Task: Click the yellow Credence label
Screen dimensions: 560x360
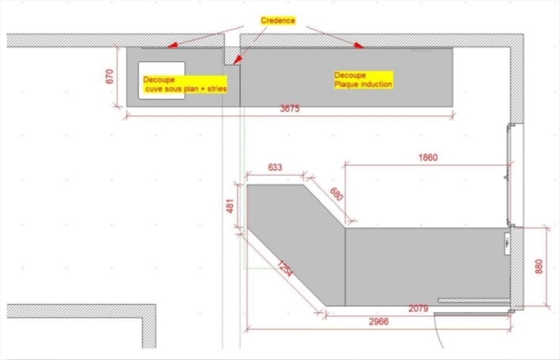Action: tap(278, 20)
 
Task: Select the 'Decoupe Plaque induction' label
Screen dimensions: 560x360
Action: tap(363, 80)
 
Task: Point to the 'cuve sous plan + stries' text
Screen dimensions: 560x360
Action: tap(186, 89)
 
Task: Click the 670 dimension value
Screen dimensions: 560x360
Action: tap(110, 76)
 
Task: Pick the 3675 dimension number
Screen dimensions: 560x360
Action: tap(290, 109)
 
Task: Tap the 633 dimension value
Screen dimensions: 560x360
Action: tap(274, 167)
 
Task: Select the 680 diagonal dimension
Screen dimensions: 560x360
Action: tap(336, 194)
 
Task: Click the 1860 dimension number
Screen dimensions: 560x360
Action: tap(428, 158)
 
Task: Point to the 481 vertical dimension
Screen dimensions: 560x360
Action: tap(230, 206)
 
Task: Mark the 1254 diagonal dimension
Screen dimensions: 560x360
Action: tap(285, 269)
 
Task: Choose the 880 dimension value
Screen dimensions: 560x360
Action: tap(538, 266)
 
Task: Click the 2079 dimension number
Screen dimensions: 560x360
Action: tap(418, 308)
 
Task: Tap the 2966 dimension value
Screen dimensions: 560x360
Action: tap(379, 321)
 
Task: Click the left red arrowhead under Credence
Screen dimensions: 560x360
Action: tap(172, 45)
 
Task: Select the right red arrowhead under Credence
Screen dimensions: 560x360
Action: tap(358, 45)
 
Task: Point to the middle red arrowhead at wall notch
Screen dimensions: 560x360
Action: tap(237, 60)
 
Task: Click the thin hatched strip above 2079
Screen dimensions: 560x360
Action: tap(474, 300)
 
